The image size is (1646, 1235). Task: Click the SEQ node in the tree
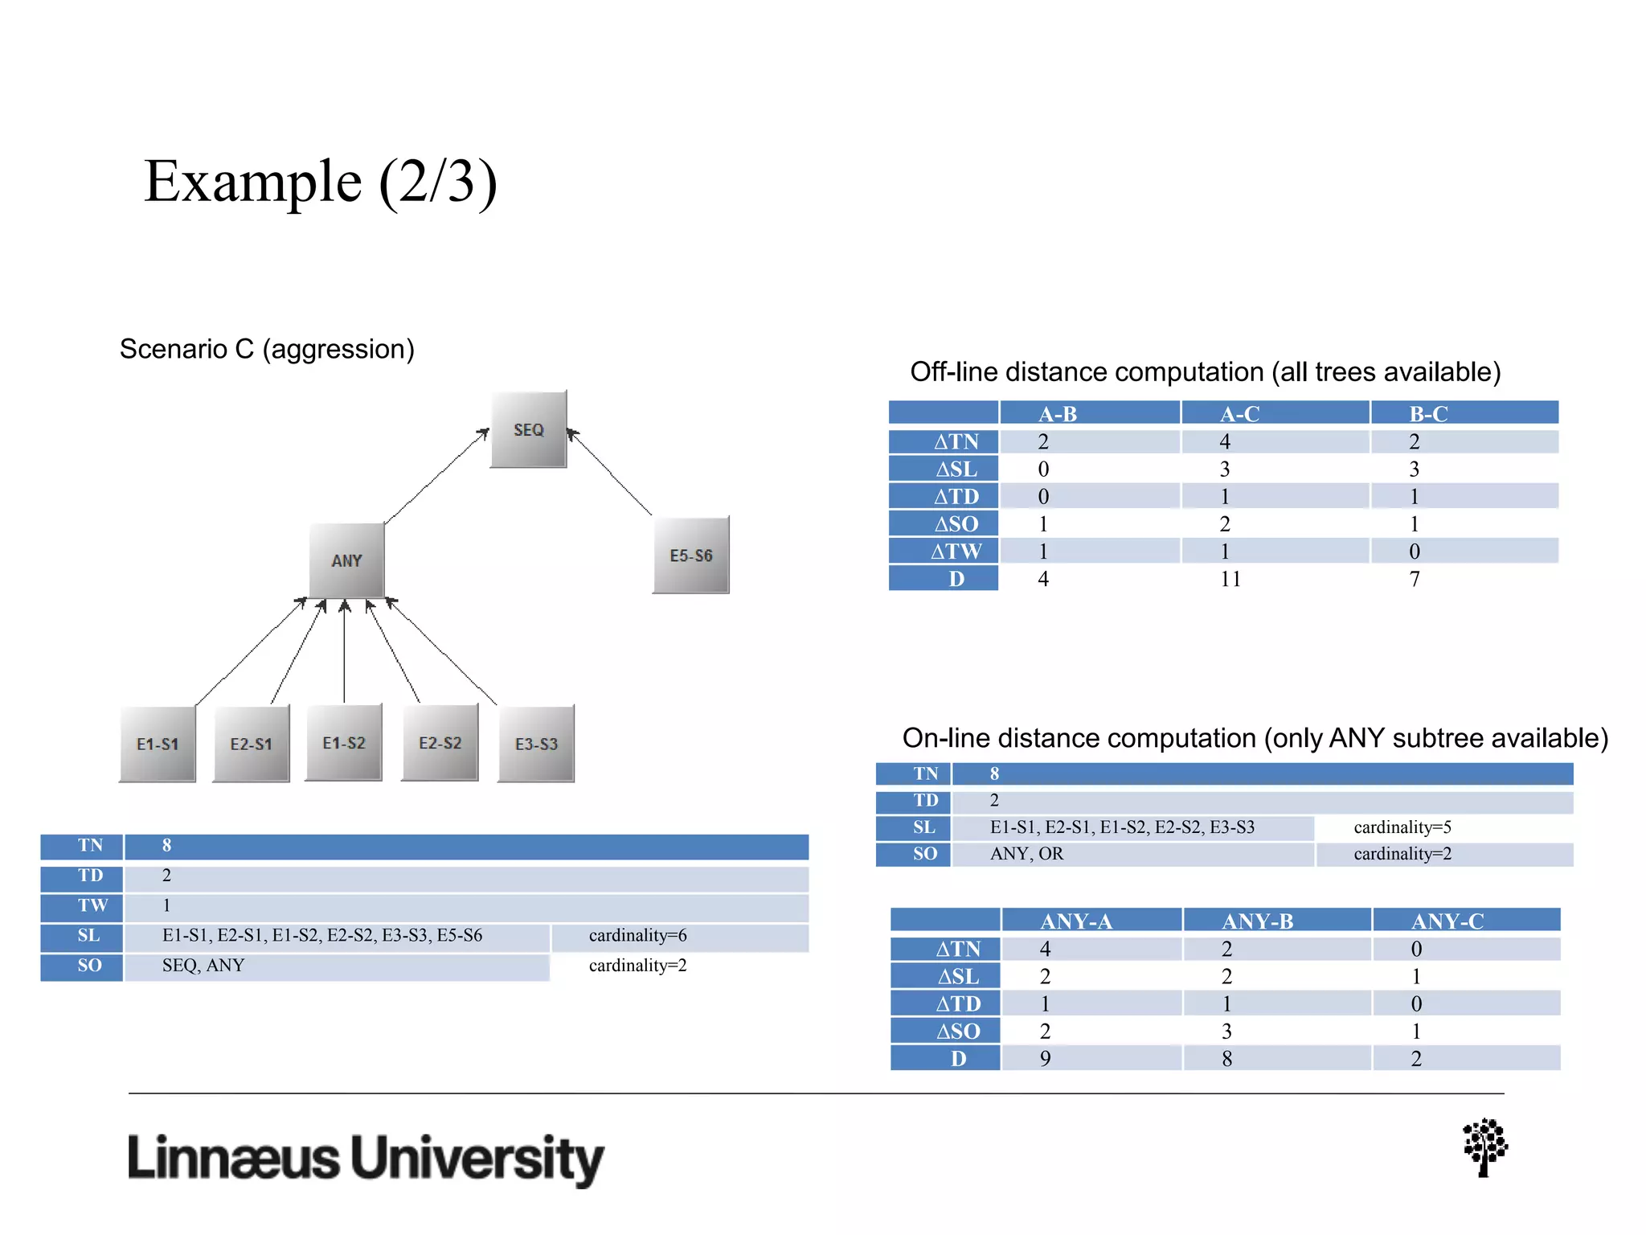click(528, 429)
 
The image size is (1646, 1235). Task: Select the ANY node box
click(346, 560)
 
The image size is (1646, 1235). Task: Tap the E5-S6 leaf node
click(690, 555)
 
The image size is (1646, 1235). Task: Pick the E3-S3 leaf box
click(535, 744)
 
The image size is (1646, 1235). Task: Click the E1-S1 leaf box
click(158, 744)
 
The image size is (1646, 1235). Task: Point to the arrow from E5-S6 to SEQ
click(611, 473)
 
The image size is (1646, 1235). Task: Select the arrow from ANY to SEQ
click(436, 477)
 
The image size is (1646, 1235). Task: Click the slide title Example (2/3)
click(321, 182)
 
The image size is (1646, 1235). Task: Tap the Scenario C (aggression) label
click(267, 349)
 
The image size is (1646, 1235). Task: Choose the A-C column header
click(1239, 414)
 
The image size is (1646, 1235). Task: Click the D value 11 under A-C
click(1230, 579)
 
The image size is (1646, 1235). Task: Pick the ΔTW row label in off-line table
click(955, 552)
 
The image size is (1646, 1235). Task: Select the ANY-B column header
click(1257, 921)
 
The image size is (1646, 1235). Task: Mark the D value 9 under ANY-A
click(1045, 1059)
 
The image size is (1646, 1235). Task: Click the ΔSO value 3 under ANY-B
click(1226, 1032)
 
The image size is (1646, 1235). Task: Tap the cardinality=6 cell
click(637, 936)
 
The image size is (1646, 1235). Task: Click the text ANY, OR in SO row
click(1026, 854)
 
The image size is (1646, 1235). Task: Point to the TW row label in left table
click(92, 905)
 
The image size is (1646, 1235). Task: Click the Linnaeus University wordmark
click(366, 1159)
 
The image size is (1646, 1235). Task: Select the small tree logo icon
click(1484, 1147)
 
